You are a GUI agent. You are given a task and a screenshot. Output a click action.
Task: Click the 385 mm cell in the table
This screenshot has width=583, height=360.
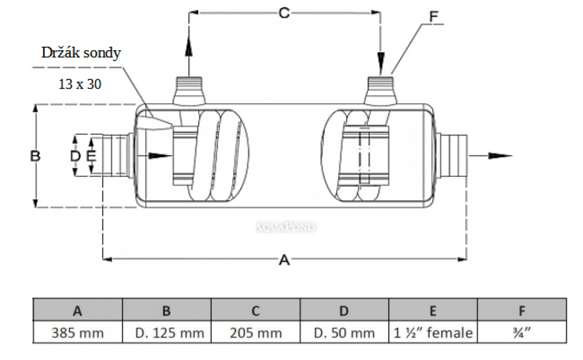click(78, 333)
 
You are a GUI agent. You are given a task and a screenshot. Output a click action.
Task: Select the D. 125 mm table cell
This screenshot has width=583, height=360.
click(167, 333)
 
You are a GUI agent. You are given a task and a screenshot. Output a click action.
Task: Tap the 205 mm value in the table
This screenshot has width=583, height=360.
click(255, 333)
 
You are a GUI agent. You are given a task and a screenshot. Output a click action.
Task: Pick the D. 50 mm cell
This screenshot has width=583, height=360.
click(344, 333)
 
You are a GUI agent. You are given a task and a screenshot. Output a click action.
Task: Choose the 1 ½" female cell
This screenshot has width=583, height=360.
click(433, 333)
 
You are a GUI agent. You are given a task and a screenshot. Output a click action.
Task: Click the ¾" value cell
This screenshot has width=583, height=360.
click(522, 333)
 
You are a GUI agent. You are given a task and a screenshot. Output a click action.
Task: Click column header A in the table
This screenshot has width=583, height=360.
click(78, 311)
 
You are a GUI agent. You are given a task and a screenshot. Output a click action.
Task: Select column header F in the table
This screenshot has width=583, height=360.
click(522, 311)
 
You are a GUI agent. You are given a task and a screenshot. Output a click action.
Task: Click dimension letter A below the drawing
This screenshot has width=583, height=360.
click(285, 260)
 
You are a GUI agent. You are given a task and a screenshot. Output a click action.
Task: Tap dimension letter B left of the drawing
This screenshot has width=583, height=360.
click(36, 156)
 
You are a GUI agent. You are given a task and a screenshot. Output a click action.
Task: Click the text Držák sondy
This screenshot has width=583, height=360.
click(81, 53)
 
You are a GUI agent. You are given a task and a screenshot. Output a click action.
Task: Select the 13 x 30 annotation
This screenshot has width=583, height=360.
click(80, 84)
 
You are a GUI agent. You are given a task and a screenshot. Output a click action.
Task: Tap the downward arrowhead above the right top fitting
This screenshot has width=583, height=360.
click(381, 61)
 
